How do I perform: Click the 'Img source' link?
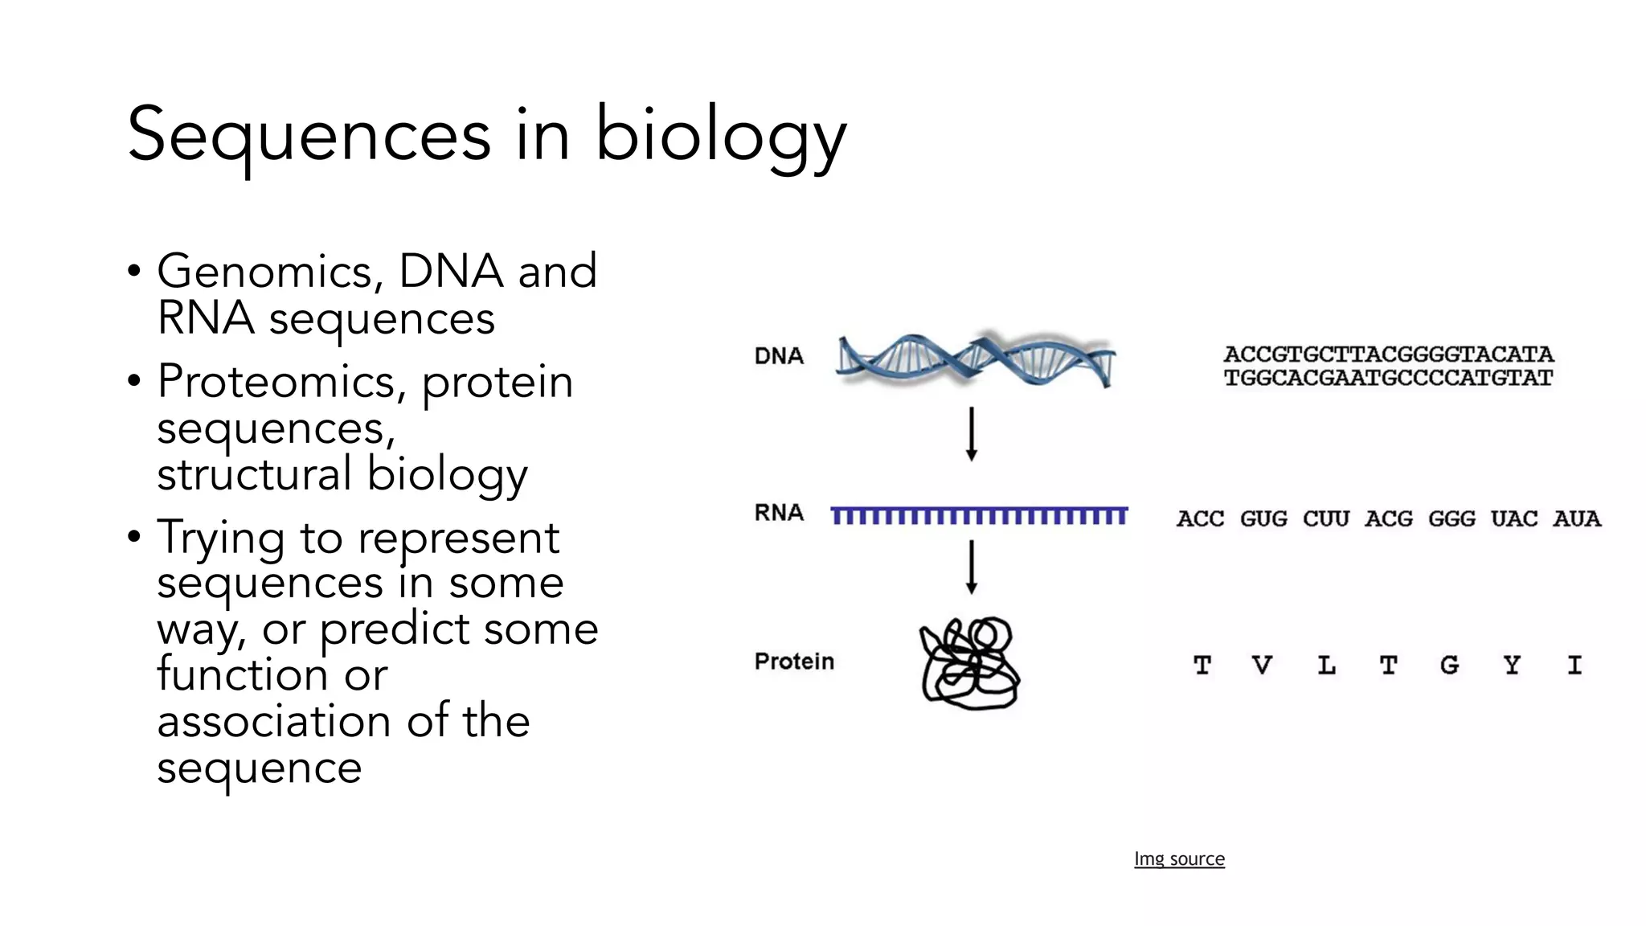click(x=1179, y=858)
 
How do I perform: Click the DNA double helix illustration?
click(x=974, y=359)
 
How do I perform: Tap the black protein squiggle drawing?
click(x=969, y=663)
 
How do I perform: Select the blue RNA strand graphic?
click(x=979, y=515)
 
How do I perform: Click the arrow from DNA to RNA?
click(x=971, y=434)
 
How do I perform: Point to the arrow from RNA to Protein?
click(x=971, y=567)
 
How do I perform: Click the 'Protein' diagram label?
click(x=794, y=662)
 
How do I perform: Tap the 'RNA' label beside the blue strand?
click(x=779, y=513)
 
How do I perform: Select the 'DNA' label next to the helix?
click(x=779, y=356)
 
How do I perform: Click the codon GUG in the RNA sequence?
click(x=1263, y=518)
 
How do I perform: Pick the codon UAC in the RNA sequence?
click(x=1514, y=518)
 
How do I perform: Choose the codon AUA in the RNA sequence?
click(x=1577, y=518)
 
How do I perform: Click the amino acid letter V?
click(x=1263, y=665)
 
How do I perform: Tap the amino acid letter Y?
click(x=1512, y=665)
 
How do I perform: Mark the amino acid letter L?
click(x=1326, y=665)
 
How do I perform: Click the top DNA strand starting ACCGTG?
click(x=1388, y=354)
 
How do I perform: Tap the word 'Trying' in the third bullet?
click(x=221, y=539)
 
